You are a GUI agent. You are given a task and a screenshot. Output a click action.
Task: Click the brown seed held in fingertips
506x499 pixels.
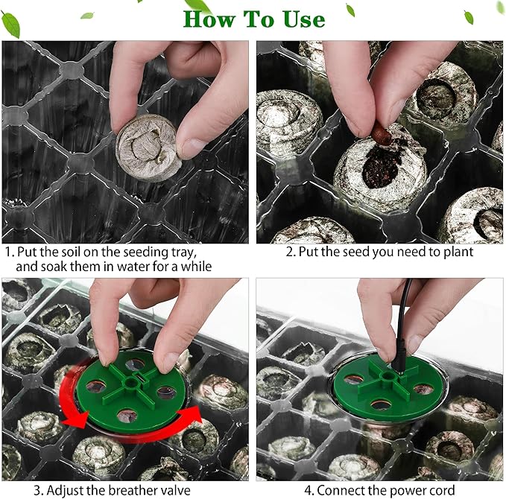click(382, 134)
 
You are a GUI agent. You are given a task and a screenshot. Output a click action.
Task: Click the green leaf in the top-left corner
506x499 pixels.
click(10, 24)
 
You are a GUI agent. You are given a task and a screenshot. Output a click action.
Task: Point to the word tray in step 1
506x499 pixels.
click(183, 252)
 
